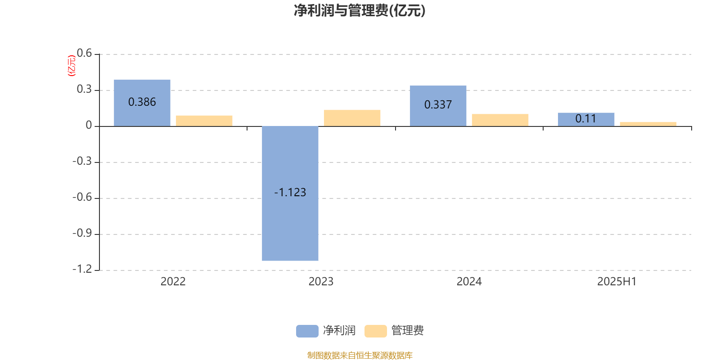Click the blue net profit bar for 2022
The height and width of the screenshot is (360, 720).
[142, 103]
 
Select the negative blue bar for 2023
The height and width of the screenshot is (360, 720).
[290, 193]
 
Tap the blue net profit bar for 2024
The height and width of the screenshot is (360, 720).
[438, 106]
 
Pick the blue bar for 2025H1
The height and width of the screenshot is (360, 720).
[586, 120]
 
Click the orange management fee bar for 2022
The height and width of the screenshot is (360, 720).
[204, 121]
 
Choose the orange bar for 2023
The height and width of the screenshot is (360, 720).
[352, 118]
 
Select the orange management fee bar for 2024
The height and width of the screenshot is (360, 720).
[500, 120]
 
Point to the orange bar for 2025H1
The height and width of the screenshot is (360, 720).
[648, 124]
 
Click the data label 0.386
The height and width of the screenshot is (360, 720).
[142, 102]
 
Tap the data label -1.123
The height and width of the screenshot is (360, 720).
[290, 193]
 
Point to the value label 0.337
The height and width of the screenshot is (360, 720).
[438, 105]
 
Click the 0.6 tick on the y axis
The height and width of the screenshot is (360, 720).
[84, 53]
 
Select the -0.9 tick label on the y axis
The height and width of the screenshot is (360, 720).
[82, 233]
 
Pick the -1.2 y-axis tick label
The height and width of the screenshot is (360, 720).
[82, 269]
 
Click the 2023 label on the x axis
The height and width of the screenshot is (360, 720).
[321, 282]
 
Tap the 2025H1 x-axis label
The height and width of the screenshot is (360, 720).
[617, 282]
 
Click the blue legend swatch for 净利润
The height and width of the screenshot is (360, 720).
[307, 331]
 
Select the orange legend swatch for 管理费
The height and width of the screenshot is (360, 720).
[375, 331]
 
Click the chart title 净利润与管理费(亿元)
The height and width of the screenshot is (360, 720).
[360, 11]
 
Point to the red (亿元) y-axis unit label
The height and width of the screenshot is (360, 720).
[72, 66]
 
